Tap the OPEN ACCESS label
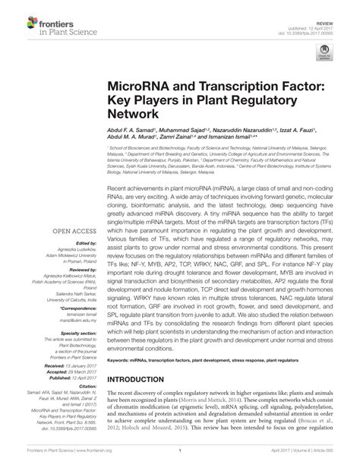click(x=74, y=228)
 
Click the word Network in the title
click(x=134, y=115)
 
